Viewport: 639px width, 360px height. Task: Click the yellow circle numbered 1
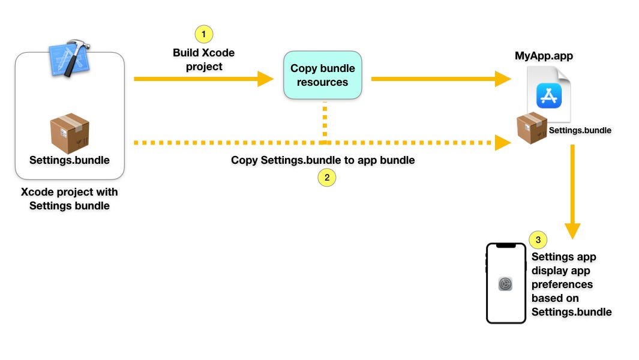pos(204,34)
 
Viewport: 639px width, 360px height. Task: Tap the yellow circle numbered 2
pos(327,178)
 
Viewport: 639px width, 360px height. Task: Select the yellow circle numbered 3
pos(538,240)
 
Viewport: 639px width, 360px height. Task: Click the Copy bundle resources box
pos(323,75)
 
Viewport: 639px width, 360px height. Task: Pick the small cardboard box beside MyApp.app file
pos(532,128)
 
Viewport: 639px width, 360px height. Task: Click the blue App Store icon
pos(549,95)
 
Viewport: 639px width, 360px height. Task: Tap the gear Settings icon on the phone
pos(505,284)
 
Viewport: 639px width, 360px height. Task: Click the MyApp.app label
pos(544,56)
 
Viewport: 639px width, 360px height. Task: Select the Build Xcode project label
pos(204,59)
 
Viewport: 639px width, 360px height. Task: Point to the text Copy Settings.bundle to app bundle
pos(323,160)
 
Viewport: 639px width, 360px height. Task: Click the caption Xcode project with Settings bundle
pos(70,199)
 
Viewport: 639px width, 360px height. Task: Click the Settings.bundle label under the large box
pos(70,160)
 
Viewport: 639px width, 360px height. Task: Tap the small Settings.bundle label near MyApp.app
pos(580,130)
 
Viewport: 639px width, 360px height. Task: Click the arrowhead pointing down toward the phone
pos(572,231)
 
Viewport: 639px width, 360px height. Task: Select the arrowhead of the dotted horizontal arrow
pos(503,143)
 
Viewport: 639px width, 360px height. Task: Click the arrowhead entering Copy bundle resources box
pos(266,79)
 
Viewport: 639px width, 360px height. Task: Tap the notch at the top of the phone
pos(506,245)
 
